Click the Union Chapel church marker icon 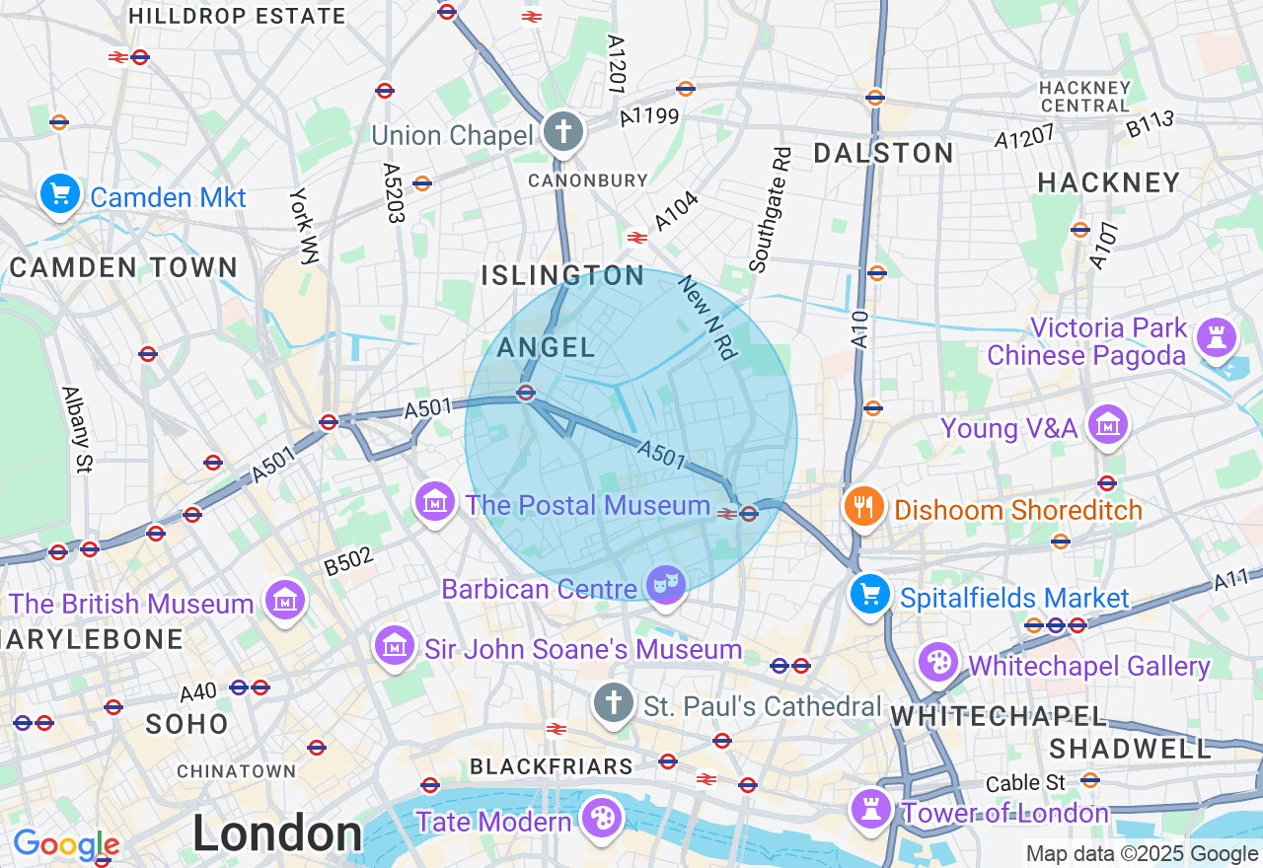click(563, 132)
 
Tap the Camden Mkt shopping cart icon click(60, 193)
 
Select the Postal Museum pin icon click(434, 502)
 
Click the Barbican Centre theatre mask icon click(666, 585)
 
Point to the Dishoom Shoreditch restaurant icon click(864, 507)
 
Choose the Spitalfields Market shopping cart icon click(869, 595)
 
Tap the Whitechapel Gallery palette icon click(937, 662)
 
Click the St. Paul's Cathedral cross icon click(613, 703)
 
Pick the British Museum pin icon click(285, 600)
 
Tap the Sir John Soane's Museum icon click(395, 646)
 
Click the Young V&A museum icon click(1108, 425)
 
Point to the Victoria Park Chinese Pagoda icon click(1217, 338)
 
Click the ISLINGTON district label click(562, 275)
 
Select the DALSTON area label click(883, 153)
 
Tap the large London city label click(277, 834)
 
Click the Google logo click(65, 844)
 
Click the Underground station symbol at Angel click(526, 393)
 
